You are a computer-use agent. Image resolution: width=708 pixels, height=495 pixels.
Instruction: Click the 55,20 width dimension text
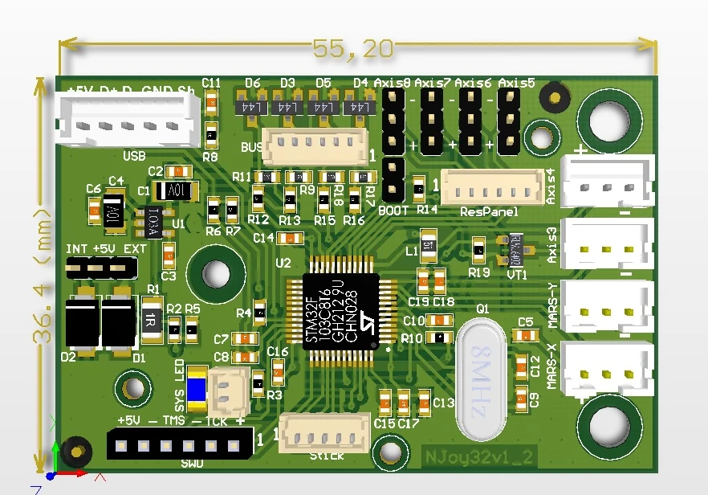(353, 50)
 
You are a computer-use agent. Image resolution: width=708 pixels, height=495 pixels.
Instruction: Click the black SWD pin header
(177, 443)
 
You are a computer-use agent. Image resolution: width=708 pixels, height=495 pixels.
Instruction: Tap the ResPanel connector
(492, 188)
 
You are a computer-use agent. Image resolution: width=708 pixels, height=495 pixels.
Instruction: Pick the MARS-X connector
(608, 369)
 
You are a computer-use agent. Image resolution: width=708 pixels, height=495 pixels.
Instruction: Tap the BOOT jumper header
(393, 179)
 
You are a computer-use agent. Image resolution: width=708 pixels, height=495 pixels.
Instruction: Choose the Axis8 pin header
(393, 121)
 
